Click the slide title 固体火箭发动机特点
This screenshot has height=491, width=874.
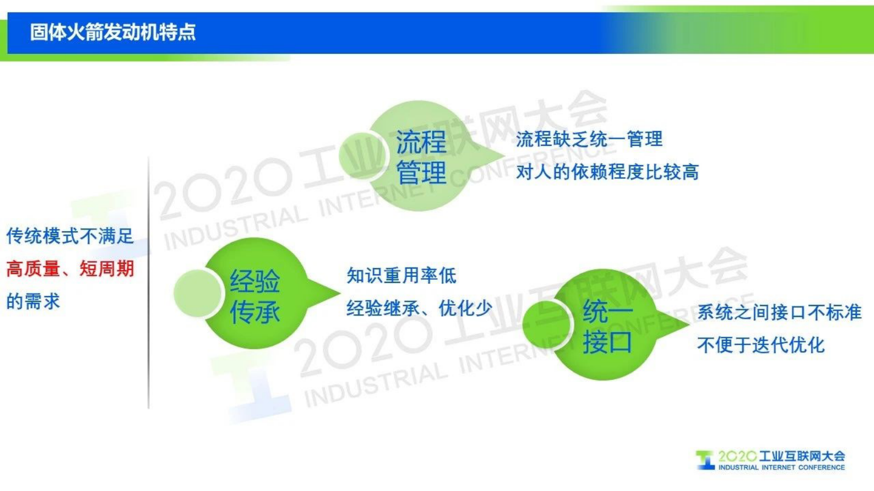(112, 32)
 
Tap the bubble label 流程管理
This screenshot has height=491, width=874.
(421, 157)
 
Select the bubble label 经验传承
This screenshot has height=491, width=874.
(255, 296)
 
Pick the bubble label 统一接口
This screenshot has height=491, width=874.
(607, 326)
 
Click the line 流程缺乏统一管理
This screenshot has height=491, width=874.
(589, 139)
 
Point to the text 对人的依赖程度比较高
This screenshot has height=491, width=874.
(607, 172)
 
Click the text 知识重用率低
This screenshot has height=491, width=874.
(401, 275)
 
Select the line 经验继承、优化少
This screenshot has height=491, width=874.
(419, 308)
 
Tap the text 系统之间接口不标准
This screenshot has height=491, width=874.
(779, 313)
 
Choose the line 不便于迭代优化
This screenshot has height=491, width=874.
(761, 345)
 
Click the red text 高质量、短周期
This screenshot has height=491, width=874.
(70, 269)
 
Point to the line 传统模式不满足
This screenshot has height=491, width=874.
(70, 236)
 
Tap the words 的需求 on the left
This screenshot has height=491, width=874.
(33, 302)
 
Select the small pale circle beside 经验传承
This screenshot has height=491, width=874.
(197, 294)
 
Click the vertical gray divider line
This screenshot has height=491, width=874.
(149, 283)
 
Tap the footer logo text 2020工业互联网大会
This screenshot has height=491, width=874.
(781, 456)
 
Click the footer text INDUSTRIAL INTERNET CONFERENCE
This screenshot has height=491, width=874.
(781, 467)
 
